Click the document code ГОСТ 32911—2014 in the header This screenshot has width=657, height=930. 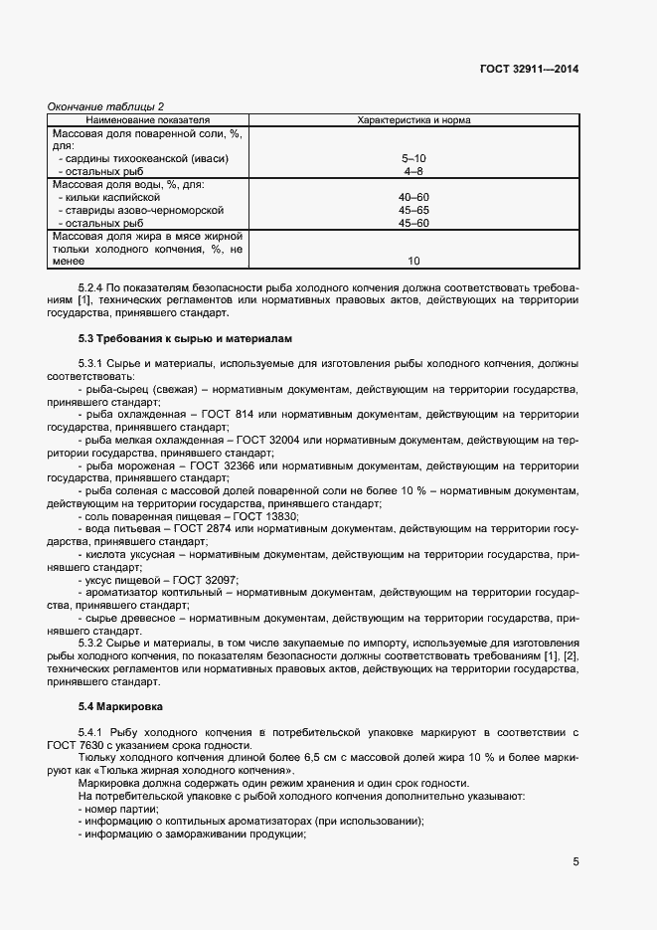click(529, 70)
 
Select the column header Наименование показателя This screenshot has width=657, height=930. click(148, 119)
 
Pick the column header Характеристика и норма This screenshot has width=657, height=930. click(413, 119)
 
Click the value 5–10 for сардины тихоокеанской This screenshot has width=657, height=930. click(413, 158)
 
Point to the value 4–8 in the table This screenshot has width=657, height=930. click(413, 171)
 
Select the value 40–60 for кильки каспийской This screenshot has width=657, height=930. click(413, 197)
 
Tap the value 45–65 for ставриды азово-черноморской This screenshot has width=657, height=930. click(413, 210)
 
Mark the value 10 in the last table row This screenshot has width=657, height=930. click(413, 262)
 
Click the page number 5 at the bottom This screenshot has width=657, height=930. click(575, 862)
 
